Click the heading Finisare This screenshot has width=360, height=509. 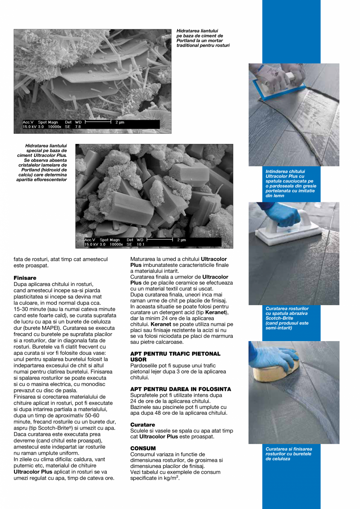25,278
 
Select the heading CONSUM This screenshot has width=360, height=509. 143,448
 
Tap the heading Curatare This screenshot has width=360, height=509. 142,424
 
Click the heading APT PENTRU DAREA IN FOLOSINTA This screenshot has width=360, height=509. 180,389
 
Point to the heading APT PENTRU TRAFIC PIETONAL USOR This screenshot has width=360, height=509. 175,356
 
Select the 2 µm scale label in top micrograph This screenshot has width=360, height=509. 120,122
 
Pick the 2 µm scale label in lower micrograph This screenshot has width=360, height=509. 181,240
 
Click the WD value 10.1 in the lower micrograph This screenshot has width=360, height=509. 140,244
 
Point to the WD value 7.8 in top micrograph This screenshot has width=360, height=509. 77,127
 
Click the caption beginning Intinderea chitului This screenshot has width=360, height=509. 290,183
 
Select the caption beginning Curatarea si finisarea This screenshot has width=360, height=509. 289,454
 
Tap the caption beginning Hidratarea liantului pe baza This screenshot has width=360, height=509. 203,38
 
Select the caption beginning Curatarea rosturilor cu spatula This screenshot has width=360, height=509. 287,318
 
